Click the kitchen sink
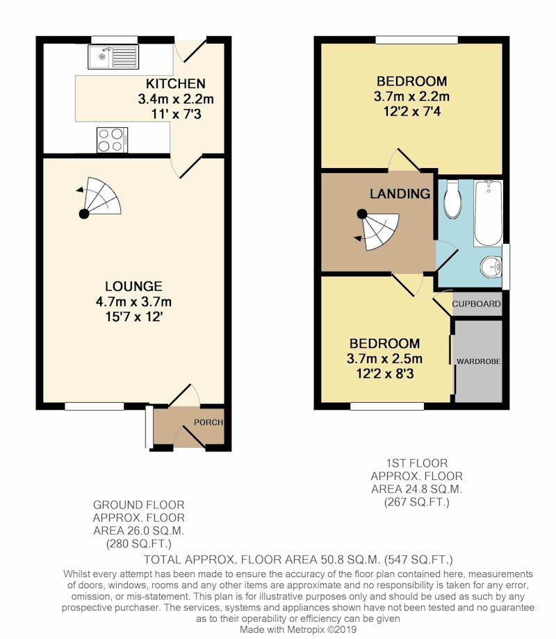113,57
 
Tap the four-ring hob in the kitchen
112,140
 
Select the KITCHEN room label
175,83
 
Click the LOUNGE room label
133,286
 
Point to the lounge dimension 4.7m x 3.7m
133,301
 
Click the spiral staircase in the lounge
100,198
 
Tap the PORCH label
208,422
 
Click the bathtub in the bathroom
489,213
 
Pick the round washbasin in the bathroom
491,267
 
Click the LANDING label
400,194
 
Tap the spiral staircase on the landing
377,231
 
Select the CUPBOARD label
477,304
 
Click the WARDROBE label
478,361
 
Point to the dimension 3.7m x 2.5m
384,358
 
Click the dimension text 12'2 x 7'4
411,111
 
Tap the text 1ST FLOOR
416,463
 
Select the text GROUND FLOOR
139,505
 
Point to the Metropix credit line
298,629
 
